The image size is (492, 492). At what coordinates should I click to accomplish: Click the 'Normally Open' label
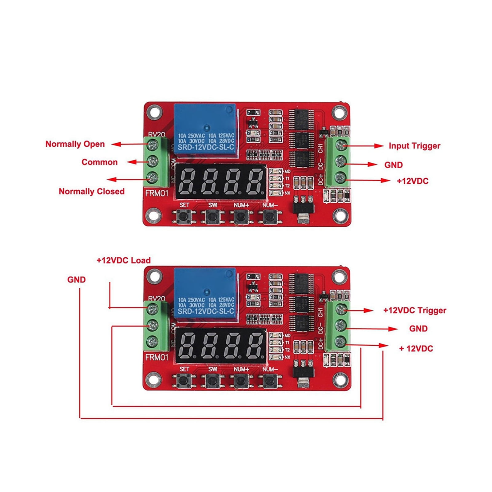[x=75, y=144]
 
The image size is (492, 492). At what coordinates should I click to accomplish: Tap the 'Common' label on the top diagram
[x=99, y=162]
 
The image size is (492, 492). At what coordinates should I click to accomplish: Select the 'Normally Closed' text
[x=92, y=191]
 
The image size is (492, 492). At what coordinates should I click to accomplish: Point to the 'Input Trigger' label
[x=414, y=146]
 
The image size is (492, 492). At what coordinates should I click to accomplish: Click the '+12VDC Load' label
[x=124, y=260]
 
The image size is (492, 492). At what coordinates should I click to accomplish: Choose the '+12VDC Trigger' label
[x=415, y=310]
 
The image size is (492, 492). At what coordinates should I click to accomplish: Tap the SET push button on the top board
[x=184, y=216]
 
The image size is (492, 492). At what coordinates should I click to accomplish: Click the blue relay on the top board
[x=205, y=129]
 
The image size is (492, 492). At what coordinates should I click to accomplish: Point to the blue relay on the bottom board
[x=205, y=294]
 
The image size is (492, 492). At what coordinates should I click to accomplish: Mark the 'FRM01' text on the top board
[x=157, y=193]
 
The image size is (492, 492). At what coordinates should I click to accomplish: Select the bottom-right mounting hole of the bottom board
[x=340, y=379]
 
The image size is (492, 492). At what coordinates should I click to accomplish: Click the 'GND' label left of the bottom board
[x=76, y=280]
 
